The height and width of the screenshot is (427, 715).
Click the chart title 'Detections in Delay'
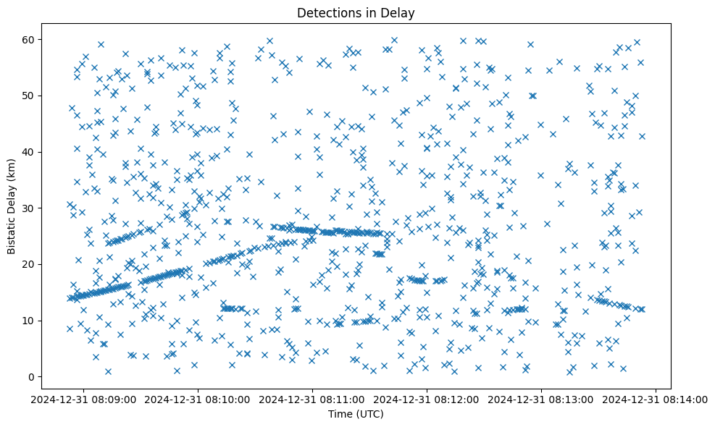(356, 13)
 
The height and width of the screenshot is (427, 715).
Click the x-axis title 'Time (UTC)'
(356, 414)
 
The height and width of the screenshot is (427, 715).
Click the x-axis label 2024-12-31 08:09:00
(84, 399)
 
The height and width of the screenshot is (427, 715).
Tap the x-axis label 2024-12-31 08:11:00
(313, 399)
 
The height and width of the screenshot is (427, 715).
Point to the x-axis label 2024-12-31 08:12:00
(427, 399)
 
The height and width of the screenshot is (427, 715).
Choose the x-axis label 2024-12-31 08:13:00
(542, 399)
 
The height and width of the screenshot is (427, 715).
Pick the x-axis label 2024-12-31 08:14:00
(656, 399)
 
